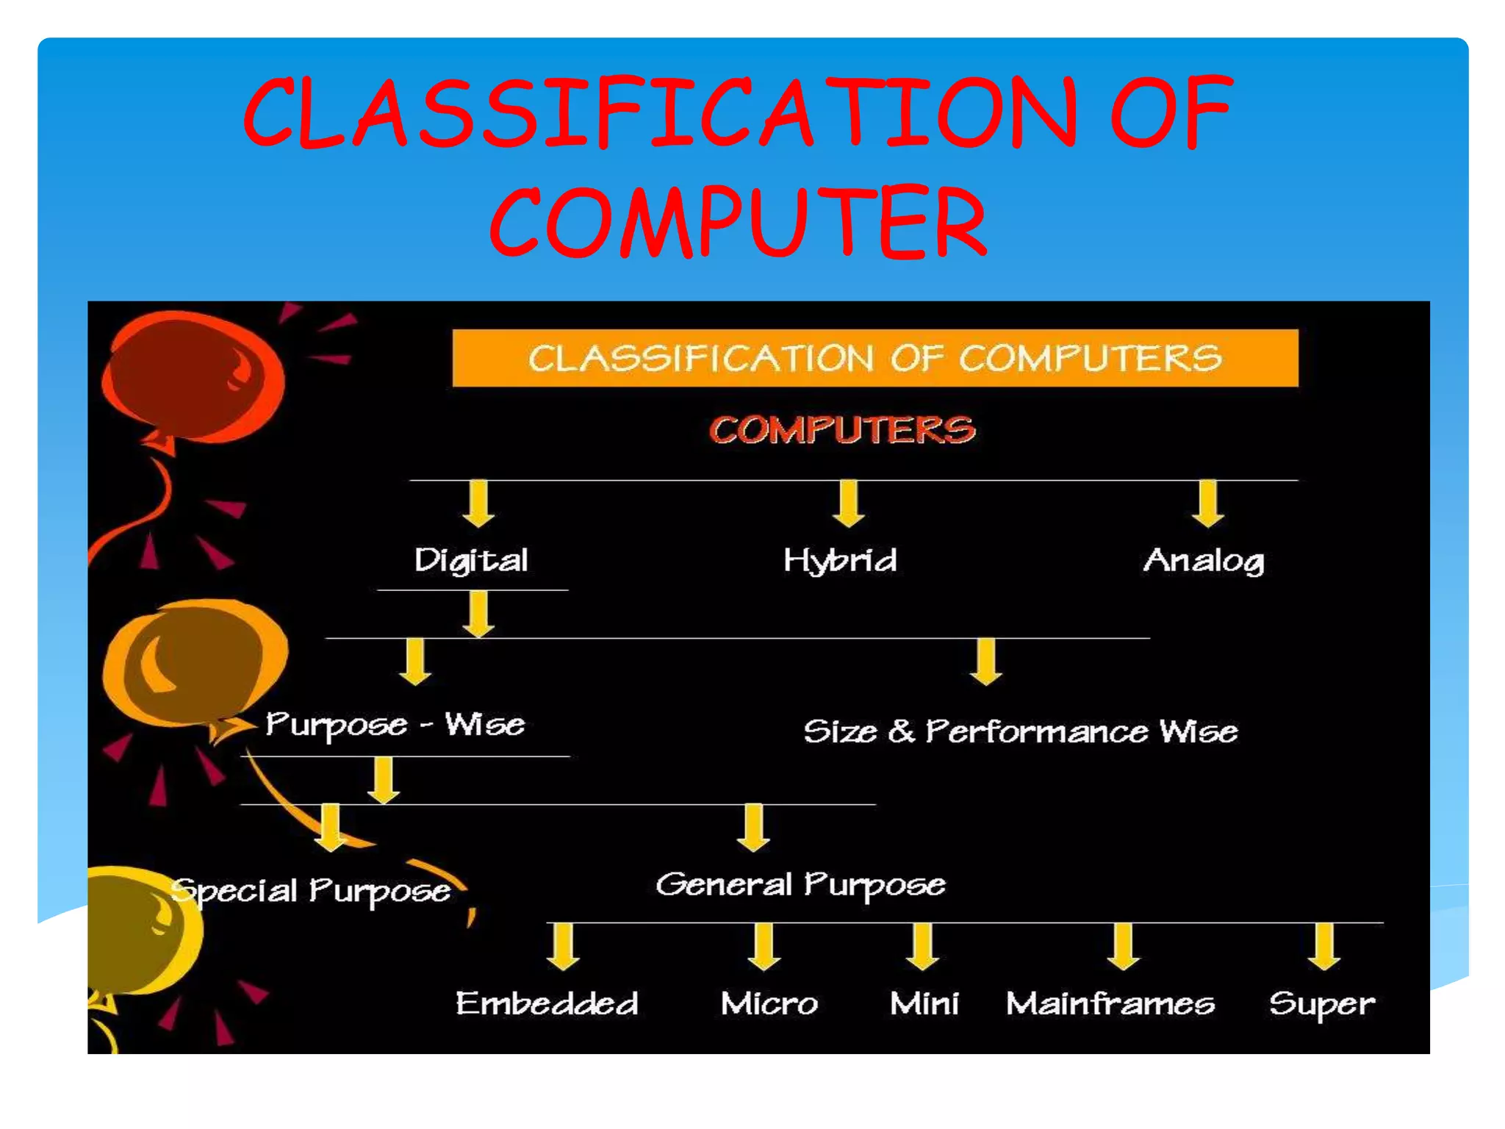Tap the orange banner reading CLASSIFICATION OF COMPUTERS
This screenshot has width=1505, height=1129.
874,358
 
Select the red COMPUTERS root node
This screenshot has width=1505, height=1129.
842,429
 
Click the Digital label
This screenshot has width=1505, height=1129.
471,561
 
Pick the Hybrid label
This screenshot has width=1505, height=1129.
840,561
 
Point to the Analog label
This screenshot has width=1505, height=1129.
1204,561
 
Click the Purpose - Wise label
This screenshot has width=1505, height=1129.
395,725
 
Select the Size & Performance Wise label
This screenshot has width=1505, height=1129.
1020,731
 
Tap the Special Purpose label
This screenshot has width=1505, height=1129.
311,891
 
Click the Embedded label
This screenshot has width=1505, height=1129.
547,1003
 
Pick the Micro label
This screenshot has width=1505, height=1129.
769,1003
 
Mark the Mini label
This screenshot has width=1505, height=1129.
924,1003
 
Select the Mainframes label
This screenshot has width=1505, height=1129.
1110,1003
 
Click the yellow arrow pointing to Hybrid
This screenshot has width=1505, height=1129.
849,503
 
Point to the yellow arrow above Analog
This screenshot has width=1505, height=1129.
1208,503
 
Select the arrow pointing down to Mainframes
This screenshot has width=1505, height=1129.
1123,947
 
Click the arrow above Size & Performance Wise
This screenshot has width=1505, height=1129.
986,662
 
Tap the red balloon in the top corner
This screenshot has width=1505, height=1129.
193,376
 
